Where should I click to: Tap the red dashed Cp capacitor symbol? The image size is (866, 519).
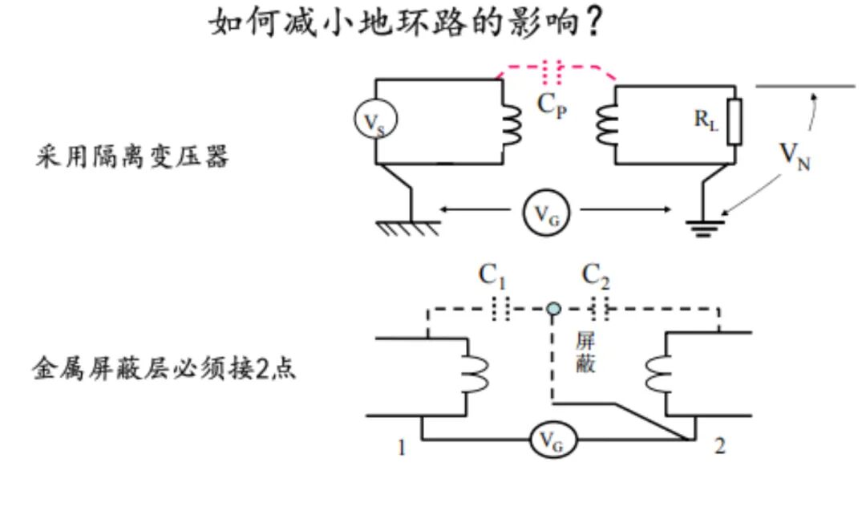point(552,71)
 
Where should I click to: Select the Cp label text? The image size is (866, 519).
point(552,105)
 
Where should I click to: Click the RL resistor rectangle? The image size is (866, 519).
point(734,122)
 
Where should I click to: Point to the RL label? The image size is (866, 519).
point(706,120)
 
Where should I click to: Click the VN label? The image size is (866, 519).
point(795,156)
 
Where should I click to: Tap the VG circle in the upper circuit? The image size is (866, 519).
point(546,213)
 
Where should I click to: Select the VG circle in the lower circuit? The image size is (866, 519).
point(553,440)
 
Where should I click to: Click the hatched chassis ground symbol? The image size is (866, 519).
point(408,228)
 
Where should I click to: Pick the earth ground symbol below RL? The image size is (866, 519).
point(704,228)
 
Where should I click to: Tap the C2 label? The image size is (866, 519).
point(596,276)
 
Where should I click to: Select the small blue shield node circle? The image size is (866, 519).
point(553,309)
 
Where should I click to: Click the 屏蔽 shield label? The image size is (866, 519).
point(585,352)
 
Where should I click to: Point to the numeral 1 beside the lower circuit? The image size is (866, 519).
point(402,447)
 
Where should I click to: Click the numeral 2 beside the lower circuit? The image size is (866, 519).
point(719,445)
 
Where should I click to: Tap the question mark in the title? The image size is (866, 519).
point(593,23)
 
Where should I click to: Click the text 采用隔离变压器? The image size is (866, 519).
point(132,156)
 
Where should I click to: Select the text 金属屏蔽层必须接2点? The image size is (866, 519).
point(164,368)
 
